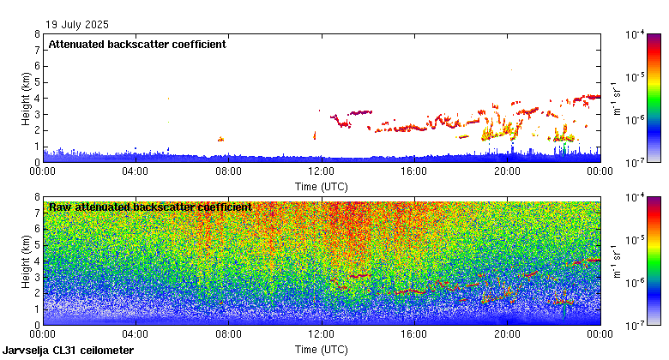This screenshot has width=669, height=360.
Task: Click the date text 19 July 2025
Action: [x=78, y=25]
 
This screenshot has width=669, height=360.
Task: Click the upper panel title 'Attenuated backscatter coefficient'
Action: [x=137, y=45]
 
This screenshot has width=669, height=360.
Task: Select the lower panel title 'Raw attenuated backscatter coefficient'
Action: [x=150, y=207]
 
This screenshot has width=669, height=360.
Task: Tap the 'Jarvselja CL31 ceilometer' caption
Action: [x=69, y=351]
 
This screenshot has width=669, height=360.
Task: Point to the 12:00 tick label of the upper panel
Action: [x=321, y=171]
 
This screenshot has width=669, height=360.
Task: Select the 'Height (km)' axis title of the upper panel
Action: [x=26, y=98]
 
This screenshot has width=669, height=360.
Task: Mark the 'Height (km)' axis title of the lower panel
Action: [x=26, y=261]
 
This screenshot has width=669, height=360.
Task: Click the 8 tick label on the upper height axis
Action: [x=36, y=34]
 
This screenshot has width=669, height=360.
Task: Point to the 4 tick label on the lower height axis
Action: [x=36, y=261]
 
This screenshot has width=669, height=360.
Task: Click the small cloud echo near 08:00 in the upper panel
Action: [x=220, y=138]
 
